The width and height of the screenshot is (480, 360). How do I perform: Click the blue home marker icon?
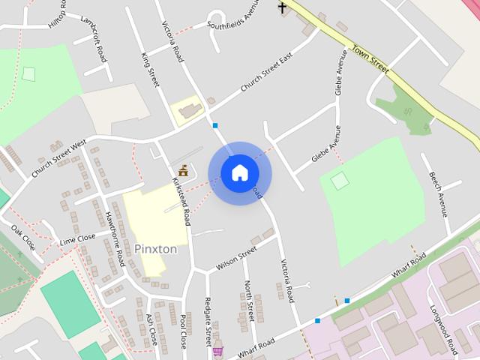pos(239,173)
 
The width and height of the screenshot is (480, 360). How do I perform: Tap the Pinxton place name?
pos(156,248)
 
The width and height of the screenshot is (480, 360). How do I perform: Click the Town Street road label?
pos(371,61)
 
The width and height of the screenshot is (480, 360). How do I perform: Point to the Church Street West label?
pos(59,158)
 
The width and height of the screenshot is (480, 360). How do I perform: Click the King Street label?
pos(151,70)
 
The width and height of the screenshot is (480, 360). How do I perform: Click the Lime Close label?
pos(78,238)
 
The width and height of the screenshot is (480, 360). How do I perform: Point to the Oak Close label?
pos(23,236)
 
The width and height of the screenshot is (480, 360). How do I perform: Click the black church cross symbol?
pos(283,7)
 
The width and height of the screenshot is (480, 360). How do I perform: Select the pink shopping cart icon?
pos(217,350)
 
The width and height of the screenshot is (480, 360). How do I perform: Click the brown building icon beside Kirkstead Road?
pos(183,170)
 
